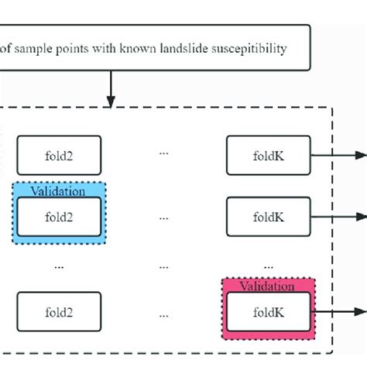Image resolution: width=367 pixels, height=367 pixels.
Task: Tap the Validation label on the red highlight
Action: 269,285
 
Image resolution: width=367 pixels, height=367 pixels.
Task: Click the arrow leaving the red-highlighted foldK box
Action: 337,310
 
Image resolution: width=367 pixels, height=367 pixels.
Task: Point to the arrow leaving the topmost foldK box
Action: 337,154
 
